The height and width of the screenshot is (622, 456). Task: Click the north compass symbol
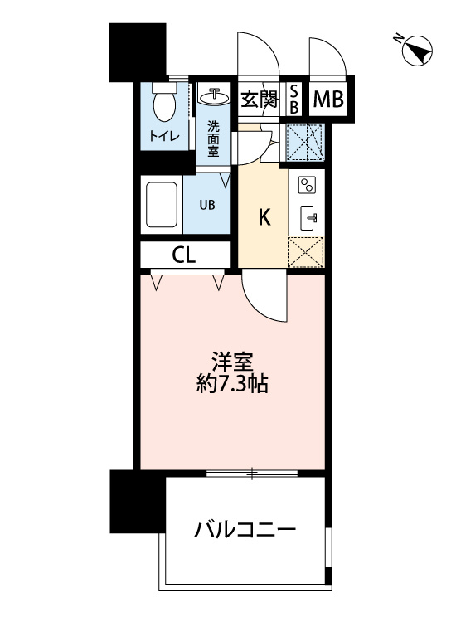point(415,51)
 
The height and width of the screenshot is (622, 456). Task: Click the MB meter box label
point(328,100)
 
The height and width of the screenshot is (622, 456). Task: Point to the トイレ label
point(164,136)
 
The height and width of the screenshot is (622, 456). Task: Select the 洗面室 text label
point(214,138)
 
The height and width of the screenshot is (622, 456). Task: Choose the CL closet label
point(184,255)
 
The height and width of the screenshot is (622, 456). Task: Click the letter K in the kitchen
point(264,218)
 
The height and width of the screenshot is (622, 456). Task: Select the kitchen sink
point(308,217)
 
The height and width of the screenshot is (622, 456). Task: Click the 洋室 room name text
point(232,362)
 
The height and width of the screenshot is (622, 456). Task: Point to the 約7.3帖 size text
point(232,386)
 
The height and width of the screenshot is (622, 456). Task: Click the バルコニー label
point(245,530)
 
